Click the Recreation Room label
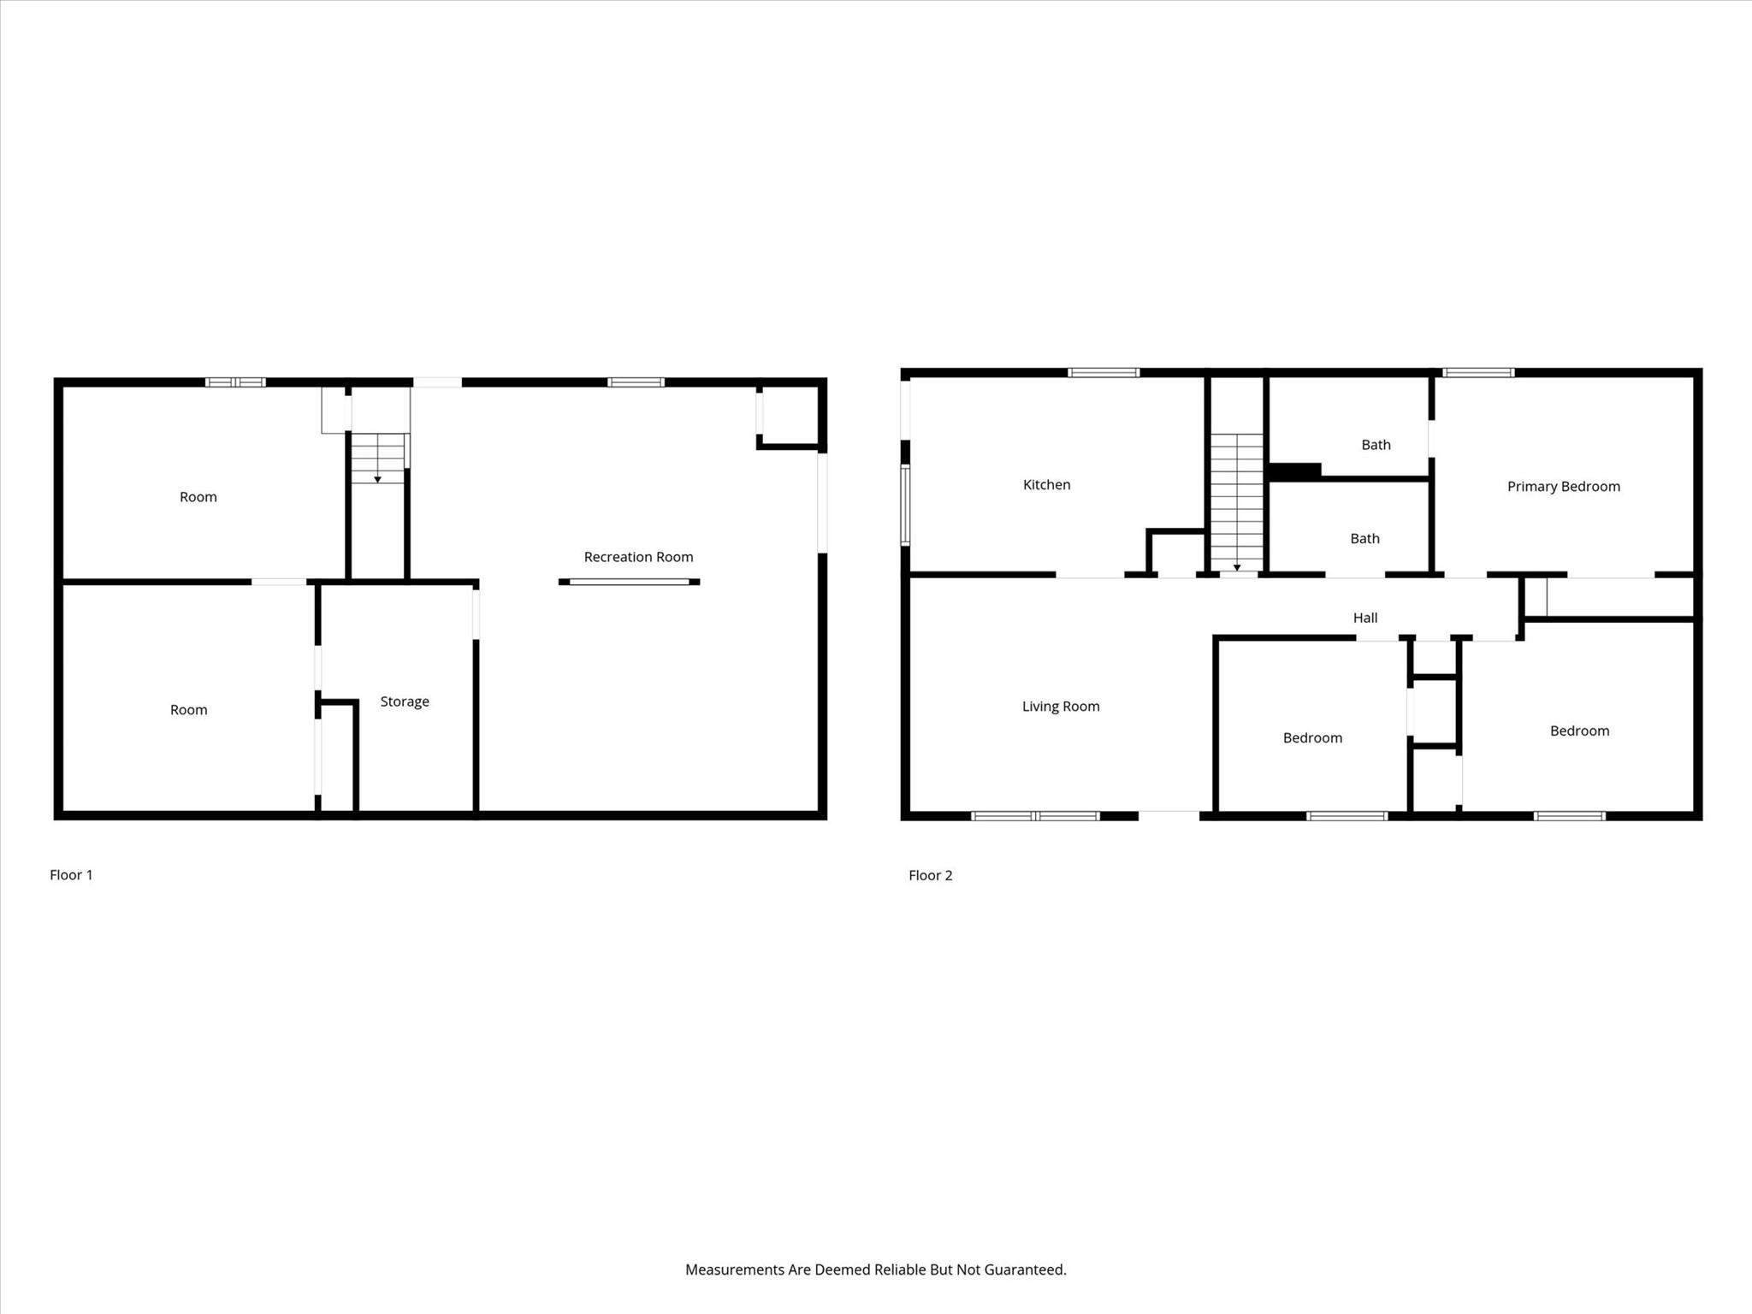[638, 557]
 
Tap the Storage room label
[405, 701]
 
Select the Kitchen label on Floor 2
[1046, 485]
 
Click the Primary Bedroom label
[1563, 487]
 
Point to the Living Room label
[1061, 707]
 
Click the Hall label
[1364, 618]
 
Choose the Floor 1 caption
[71, 874]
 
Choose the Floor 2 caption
[930, 875]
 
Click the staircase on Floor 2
[1236, 501]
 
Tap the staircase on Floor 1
[378, 459]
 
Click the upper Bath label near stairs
[1376, 445]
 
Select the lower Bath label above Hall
[1364, 539]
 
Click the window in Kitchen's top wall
[1104, 373]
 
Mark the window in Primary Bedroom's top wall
[1478, 373]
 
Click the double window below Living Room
[1035, 816]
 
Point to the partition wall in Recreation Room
[629, 582]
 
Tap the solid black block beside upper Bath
[1295, 471]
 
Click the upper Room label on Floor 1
[198, 497]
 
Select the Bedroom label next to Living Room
[1312, 738]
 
